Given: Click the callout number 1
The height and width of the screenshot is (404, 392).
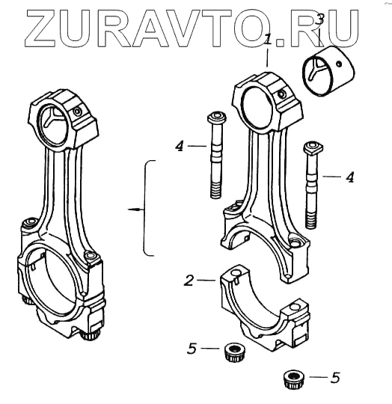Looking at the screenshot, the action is coord(269,40).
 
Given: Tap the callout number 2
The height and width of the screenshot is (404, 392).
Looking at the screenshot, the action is coord(189,281).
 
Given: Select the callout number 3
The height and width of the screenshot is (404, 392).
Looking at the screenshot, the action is coord(319,20).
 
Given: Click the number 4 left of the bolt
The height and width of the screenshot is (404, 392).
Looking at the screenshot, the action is coord(180,147).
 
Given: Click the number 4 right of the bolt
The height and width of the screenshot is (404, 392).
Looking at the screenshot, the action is coord(350,177).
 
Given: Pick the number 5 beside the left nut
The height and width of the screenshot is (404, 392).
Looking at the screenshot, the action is coord(192,349).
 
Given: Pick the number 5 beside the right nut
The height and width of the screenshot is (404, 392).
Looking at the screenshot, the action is coord(335,378).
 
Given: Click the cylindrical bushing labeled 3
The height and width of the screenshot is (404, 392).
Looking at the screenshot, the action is coord(328,71).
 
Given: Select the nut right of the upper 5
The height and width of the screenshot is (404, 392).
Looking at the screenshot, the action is coord(234,352).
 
